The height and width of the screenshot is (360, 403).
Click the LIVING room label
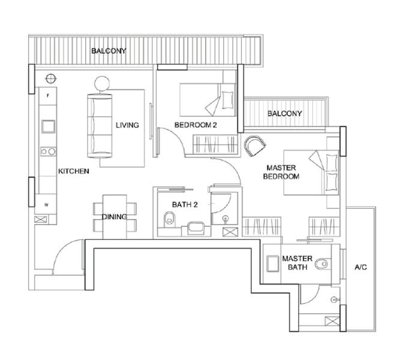click(x=127, y=125)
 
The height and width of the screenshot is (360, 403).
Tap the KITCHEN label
click(x=74, y=171)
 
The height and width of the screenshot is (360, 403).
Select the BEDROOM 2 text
click(x=196, y=125)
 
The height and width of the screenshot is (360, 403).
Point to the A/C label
click(x=360, y=268)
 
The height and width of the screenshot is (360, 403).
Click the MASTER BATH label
click(x=297, y=263)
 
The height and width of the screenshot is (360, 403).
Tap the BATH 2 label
click(x=185, y=205)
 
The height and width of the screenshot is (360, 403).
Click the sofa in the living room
click(x=100, y=126)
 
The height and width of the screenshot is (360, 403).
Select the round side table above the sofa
click(x=102, y=83)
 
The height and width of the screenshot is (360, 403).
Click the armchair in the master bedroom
click(x=255, y=146)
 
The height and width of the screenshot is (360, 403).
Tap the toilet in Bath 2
click(x=169, y=220)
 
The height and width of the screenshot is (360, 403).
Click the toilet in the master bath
click(x=321, y=264)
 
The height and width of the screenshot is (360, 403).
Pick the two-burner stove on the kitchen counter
click(x=48, y=152)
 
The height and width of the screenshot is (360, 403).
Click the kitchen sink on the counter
click(x=49, y=127)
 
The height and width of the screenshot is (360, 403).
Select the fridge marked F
click(x=48, y=96)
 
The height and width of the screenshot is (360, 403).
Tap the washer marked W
click(x=46, y=205)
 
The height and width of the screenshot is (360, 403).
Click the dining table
click(x=115, y=217)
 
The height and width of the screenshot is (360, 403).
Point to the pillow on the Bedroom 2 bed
click(x=227, y=100)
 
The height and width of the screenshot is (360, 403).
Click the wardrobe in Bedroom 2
click(x=215, y=145)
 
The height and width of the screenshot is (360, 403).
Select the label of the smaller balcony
click(x=284, y=113)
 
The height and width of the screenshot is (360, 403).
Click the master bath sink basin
click(x=272, y=263)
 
